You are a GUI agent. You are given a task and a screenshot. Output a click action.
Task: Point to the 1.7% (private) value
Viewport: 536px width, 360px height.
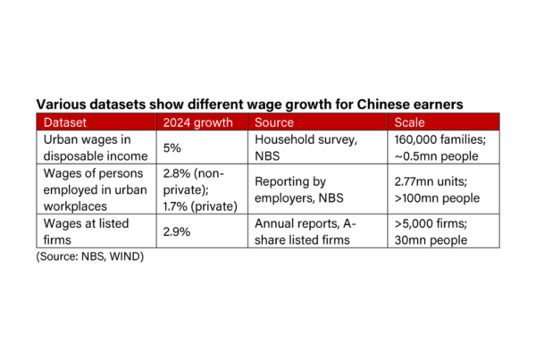pos(200,206)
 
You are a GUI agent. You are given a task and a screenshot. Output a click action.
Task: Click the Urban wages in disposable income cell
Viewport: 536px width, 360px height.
pos(96,147)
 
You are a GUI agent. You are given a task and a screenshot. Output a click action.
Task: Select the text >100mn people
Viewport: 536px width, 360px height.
pos(437,198)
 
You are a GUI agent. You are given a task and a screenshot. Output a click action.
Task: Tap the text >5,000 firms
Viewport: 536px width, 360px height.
pos(431,223)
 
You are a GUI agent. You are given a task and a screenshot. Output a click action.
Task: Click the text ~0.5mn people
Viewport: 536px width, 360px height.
pos(436,156)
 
